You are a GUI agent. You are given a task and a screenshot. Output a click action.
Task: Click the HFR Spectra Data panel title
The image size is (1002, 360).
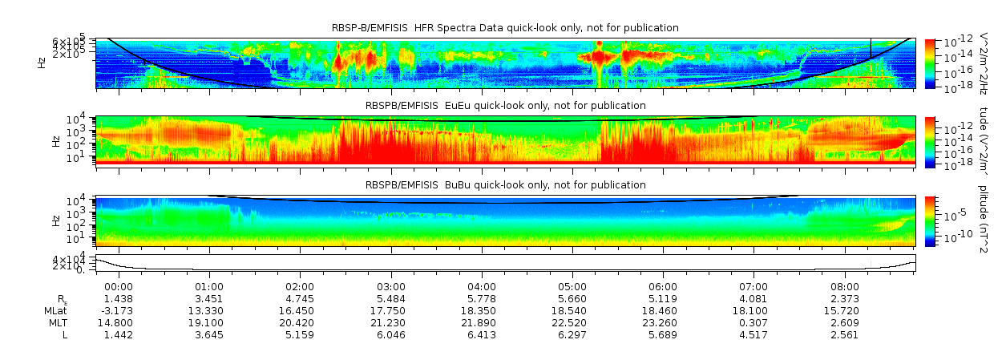[505, 28]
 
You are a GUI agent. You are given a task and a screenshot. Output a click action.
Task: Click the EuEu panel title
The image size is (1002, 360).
[505, 105]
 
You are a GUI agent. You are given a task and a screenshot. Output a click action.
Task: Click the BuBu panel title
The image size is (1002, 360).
[505, 184]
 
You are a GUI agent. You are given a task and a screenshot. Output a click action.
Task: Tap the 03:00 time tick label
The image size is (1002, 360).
[390, 286]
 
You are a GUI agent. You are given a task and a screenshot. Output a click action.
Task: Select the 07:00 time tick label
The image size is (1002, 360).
[754, 286]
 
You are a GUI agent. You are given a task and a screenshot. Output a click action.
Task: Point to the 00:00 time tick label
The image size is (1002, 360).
[119, 286]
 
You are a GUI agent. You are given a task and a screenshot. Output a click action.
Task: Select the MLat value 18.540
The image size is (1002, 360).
[572, 310]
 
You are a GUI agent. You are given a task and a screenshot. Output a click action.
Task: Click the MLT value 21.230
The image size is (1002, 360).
[390, 322]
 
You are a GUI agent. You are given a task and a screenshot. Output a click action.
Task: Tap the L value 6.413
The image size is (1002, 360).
[481, 334]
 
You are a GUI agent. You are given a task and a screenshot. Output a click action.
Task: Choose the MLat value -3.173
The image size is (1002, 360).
[118, 310]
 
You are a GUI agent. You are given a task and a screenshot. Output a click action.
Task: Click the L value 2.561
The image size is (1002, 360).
[844, 334]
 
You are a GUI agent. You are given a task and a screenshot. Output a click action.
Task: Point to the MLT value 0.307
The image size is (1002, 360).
[754, 322]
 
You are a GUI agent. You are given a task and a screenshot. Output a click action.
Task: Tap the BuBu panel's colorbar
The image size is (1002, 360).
[930, 220]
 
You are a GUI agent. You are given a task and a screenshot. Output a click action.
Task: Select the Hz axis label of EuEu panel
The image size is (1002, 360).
[55, 141]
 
